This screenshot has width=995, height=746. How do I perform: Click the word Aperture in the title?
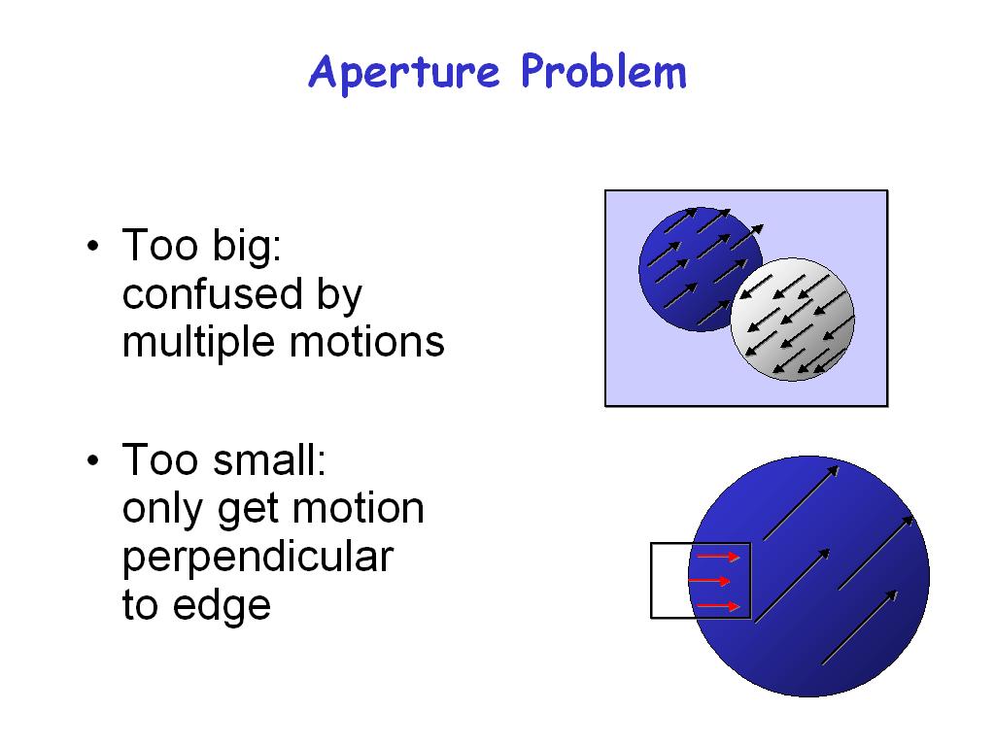[x=404, y=73]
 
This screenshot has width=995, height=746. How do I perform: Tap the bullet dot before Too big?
[x=93, y=246]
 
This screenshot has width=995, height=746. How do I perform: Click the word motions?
[x=367, y=343]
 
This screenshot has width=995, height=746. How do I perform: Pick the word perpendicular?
[x=257, y=559]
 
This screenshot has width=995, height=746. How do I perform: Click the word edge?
[x=223, y=606]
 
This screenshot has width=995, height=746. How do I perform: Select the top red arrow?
[x=718, y=557]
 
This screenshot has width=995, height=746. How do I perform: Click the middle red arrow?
[x=709, y=581]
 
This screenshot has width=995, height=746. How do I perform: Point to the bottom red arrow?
[x=718, y=606]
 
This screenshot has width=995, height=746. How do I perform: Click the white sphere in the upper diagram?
[x=793, y=319]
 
